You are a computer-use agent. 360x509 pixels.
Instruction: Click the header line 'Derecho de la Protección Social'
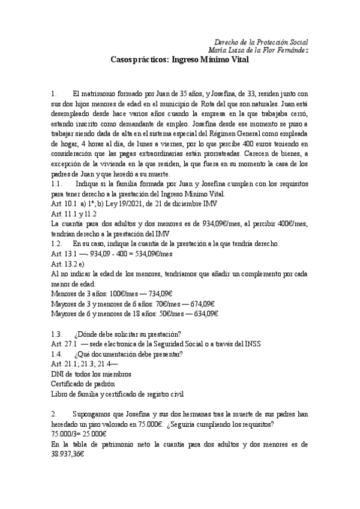[x=261, y=42]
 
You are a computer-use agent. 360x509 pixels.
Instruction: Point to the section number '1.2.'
[x=58, y=244]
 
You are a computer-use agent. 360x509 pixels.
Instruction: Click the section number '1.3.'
[x=58, y=334]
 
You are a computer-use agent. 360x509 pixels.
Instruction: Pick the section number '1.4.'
[x=58, y=354]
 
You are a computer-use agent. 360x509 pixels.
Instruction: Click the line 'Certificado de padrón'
[x=83, y=384]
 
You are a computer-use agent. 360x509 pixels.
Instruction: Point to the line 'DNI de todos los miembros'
[x=91, y=374]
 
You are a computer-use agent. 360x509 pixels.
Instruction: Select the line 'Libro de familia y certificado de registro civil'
[x=122, y=394]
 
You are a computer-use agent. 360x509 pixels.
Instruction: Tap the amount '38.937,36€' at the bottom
[x=67, y=454]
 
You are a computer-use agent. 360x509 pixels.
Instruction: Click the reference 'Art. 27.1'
[x=64, y=344]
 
